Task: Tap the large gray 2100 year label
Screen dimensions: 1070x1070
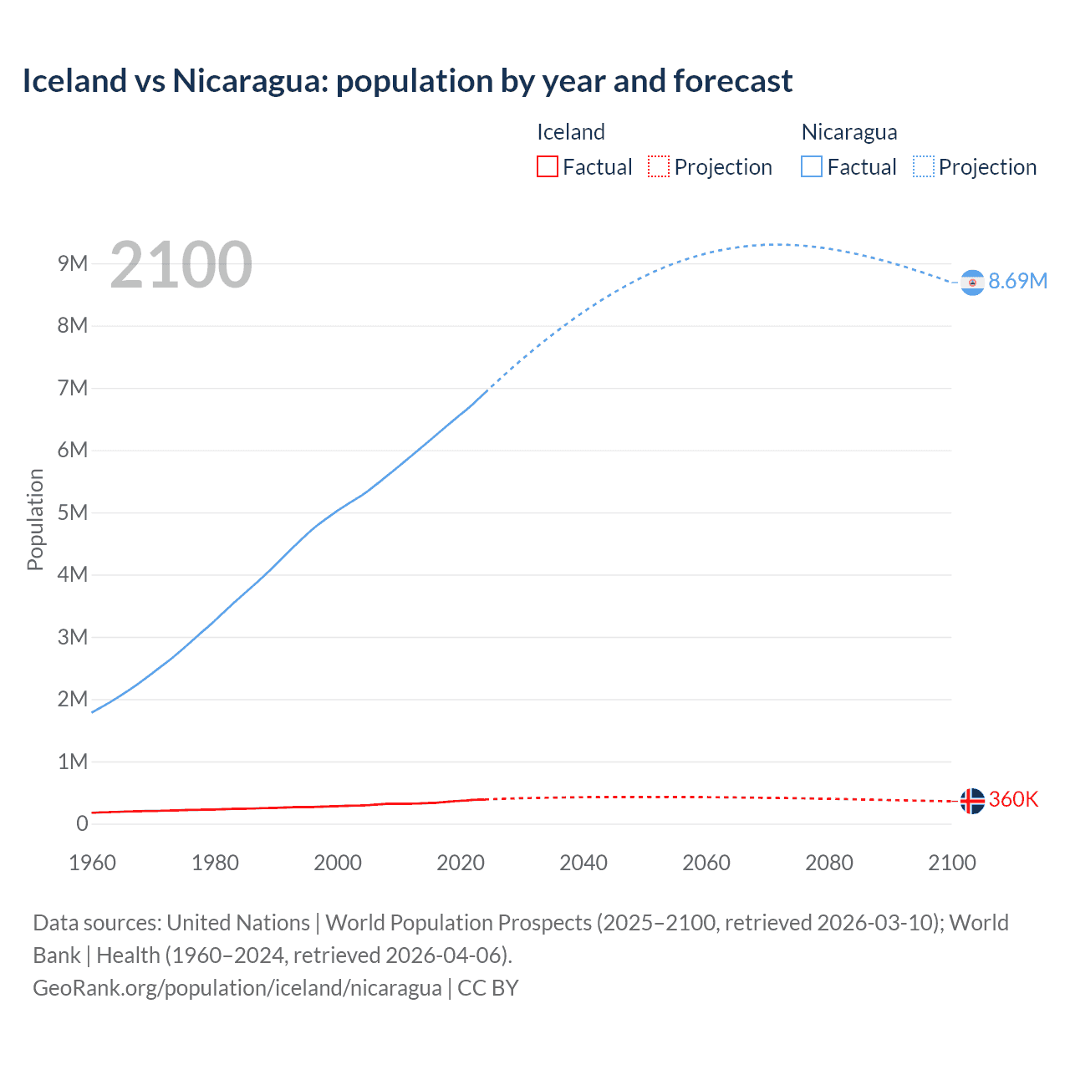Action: coord(181,265)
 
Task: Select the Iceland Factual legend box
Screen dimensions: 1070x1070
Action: coord(547,167)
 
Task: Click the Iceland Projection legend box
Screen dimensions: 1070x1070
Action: coord(659,167)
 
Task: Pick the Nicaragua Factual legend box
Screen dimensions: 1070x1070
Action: coord(811,167)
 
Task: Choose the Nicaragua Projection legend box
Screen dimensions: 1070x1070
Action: coord(923,167)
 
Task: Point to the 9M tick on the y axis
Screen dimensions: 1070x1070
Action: coord(73,264)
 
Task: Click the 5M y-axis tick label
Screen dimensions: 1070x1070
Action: coord(73,512)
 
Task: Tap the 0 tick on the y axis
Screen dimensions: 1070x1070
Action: coord(82,823)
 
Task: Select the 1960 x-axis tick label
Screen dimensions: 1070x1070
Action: coord(92,863)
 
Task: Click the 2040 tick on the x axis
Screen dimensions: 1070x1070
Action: coord(583,863)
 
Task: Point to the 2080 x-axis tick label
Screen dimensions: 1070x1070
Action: coord(829,863)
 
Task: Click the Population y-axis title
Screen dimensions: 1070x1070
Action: coord(35,519)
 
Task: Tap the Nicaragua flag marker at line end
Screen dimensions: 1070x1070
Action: coord(971,283)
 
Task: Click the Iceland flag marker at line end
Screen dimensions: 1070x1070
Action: coord(971,801)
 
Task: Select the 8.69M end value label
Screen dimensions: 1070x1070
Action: coord(1017,282)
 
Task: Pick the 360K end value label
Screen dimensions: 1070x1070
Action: coord(1013,800)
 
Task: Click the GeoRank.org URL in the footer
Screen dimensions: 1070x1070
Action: coord(237,988)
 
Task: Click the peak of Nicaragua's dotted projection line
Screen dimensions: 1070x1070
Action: coord(776,244)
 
